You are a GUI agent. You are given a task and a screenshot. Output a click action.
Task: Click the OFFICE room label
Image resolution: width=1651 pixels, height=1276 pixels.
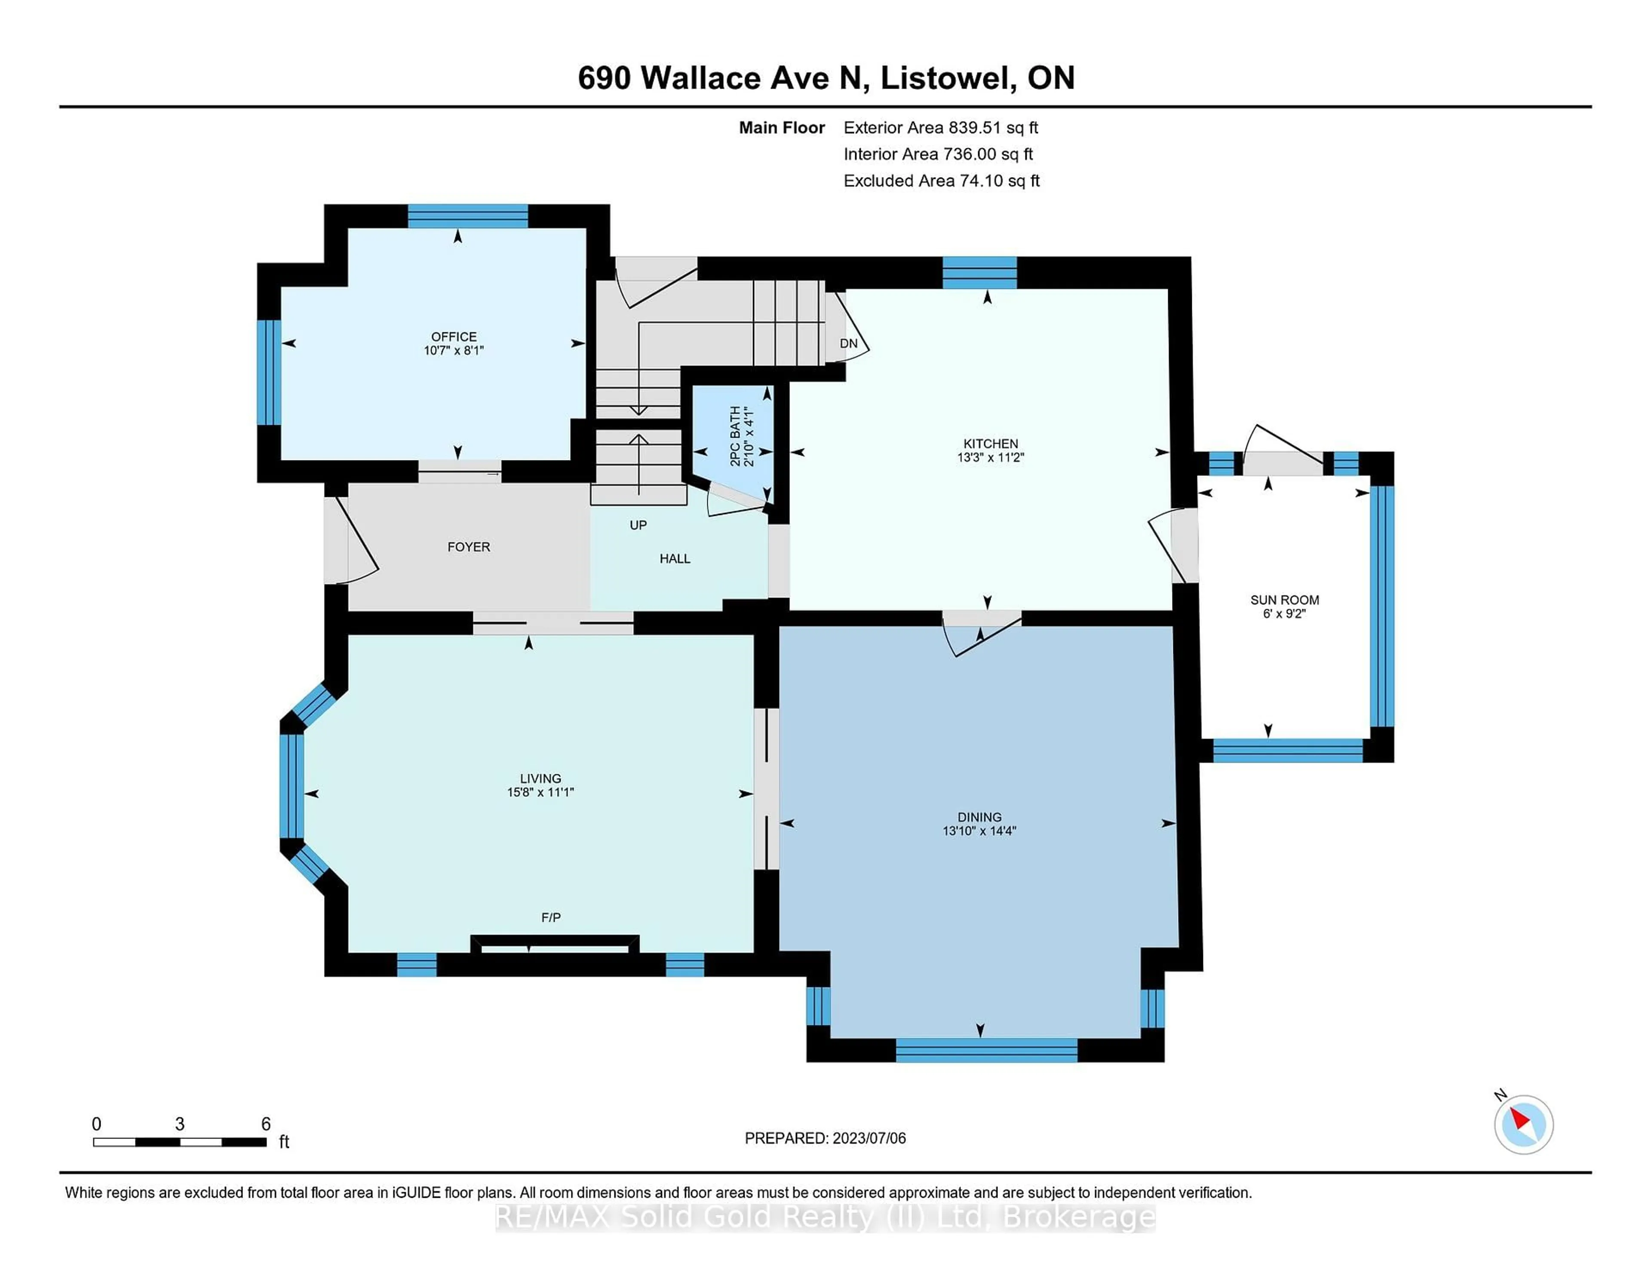(x=454, y=336)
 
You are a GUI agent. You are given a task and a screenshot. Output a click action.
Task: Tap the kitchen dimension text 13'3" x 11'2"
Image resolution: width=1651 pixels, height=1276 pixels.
(x=990, y=457)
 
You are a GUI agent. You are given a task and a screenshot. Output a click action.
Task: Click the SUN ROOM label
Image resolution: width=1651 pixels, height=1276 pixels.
(x=1284, y=599)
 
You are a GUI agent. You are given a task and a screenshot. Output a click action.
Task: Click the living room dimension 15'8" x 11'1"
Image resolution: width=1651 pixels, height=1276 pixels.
(x=540, y=792)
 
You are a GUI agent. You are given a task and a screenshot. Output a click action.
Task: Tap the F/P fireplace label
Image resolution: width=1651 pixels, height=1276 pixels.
(x=550, y=917)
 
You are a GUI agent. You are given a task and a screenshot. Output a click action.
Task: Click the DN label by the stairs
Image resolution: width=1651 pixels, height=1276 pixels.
(x=848, y=343)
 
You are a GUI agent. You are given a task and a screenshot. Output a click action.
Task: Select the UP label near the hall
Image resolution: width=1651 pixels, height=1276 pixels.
(x=638, y=525)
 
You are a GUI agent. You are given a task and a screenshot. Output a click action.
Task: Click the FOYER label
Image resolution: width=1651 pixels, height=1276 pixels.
(x=469, y=546)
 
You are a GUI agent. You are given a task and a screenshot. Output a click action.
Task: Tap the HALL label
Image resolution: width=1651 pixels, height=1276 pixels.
(x=674, y=558)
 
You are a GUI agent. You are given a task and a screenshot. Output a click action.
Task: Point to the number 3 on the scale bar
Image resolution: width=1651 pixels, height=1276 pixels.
(x=179, y=1124)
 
